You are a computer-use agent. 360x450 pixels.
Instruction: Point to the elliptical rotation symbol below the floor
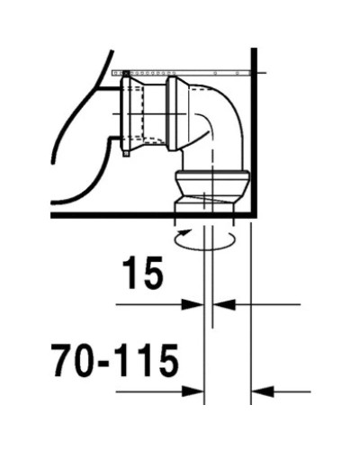click(206, 237)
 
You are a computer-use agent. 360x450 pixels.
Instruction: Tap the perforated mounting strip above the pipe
click(180, 69)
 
